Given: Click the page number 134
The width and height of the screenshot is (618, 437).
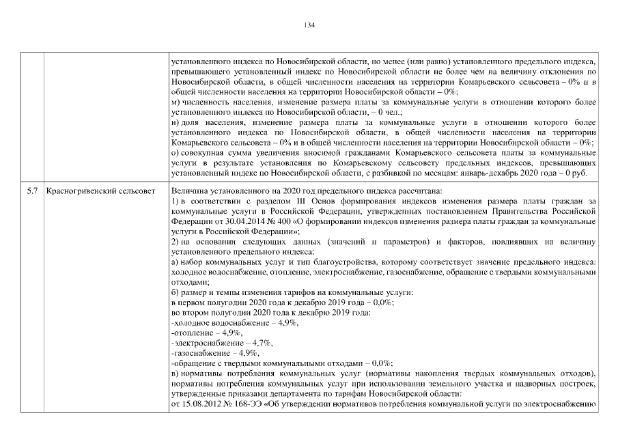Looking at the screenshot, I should click(309, 25).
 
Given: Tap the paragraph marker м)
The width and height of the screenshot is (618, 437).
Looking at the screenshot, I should click(175, 101).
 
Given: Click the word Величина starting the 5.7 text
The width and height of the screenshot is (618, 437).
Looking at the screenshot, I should click(188, 190).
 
